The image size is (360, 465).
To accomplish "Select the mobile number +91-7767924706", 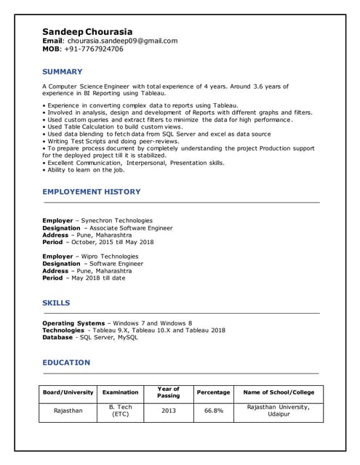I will pos(92,49).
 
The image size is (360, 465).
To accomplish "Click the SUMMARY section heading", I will pos(62,72).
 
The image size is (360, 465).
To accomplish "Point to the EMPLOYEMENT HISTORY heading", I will pos(92,192).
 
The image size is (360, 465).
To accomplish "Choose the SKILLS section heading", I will pos(56,303).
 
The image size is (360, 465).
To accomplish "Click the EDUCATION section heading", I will pos(66,363).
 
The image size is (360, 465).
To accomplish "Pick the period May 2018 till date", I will pos(97,278).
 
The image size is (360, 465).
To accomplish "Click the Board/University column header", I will pos(68,392).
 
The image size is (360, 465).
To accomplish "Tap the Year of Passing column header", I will pos(168,392).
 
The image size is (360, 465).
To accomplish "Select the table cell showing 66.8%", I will pos(213,411).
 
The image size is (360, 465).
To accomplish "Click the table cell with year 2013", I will pos(168,411).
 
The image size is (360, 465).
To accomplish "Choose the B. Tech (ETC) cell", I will pos(120,411).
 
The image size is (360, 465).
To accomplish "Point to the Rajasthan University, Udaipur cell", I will pos(279,411).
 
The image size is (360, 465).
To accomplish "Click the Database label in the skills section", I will pos(57,337).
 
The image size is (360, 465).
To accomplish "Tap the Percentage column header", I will pos(213,392).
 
